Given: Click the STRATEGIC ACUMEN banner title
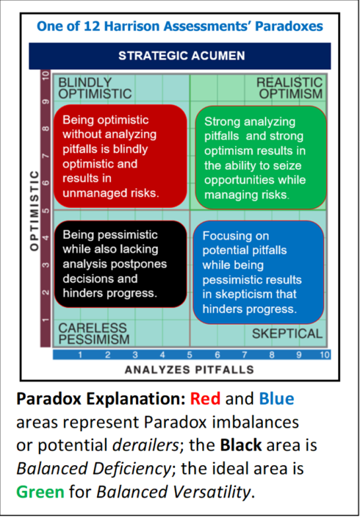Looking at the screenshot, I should (181, 56).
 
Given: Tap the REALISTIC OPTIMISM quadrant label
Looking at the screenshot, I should (289, 87).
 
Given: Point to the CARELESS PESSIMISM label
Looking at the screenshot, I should (93, 333).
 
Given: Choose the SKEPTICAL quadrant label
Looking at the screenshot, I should (287, 334).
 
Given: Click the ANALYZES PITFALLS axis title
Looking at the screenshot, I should (183, 369).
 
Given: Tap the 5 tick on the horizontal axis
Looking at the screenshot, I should (189, 355).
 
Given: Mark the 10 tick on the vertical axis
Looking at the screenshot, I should (45, 76).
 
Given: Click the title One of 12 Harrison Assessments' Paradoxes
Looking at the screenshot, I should (180, 26).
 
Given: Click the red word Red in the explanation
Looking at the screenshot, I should (205, 400).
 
